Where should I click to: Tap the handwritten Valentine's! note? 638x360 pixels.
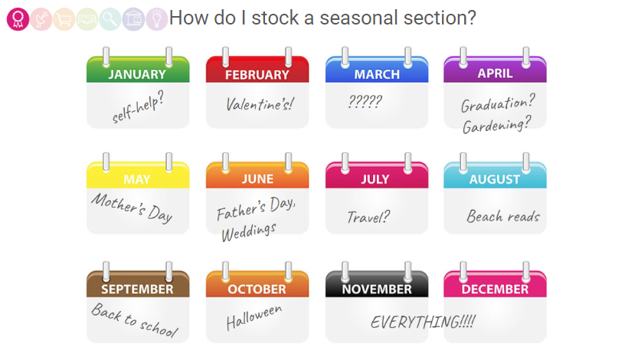click(x=260, y=104)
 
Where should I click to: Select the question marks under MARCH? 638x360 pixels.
click(x=365, y=101)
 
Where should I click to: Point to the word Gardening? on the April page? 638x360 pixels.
click(x=496, y=125)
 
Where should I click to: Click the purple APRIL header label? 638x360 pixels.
click(x=495, y=74)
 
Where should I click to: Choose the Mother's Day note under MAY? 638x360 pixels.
click(x=132, y=208)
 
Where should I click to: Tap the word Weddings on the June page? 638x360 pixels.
click(x=249, y=233)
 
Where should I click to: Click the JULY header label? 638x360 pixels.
click(x=375, y=179)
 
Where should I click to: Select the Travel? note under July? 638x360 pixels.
click(x=368, y=218)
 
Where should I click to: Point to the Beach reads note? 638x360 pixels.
click(x=503, y=216)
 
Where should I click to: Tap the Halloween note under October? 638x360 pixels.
click(x=254, y=317)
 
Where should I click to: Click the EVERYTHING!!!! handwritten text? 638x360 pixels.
click(x=423, y=322)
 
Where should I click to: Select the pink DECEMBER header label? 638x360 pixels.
click(x=495, y=290)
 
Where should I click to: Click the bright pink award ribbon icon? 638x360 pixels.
click(x=18, y=19)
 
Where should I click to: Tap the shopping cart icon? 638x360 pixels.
click(x=64, y=19)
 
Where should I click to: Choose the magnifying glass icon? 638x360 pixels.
click(x=110, y=19)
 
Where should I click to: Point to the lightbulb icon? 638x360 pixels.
click(x=157, y=19)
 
